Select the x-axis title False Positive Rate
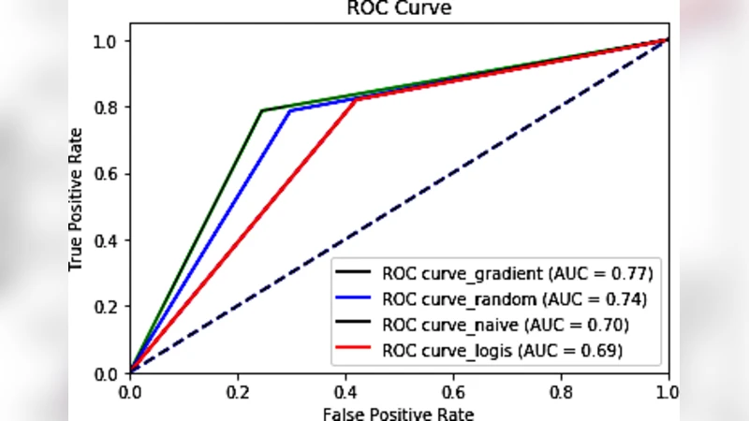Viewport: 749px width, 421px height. (398, 413)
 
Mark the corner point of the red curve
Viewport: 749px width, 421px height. (356, 99)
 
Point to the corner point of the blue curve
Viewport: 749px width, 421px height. (290, 110)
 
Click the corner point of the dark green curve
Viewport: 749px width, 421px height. (261, 110)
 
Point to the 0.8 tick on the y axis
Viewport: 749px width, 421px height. (129, 107)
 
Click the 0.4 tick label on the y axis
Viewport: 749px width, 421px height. (110, 240)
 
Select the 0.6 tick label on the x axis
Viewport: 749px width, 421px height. (453, 390)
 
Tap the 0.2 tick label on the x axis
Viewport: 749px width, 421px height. (238, 390)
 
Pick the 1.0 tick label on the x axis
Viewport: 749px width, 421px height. (668, 390)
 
